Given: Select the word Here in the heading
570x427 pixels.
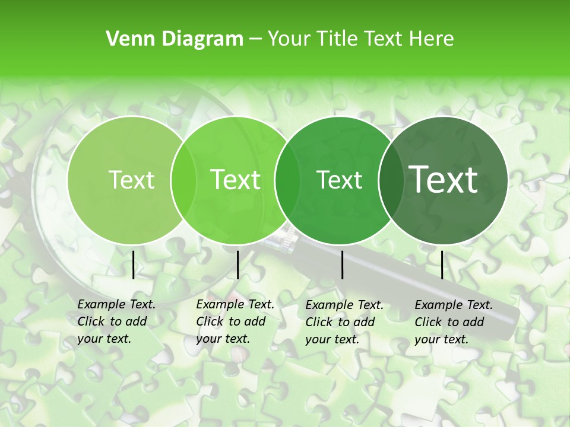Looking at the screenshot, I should tap(432, 39).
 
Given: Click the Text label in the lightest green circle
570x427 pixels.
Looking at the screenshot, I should tap(131, 180).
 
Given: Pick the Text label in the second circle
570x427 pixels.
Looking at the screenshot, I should tap(235, 180).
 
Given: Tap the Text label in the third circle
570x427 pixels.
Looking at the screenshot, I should tap(339, 180).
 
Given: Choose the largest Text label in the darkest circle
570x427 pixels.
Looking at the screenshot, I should tap(444, 180).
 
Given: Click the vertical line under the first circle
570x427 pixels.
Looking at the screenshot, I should tap(133, 265).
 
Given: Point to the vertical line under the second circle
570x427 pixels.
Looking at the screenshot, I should tap(237, 265).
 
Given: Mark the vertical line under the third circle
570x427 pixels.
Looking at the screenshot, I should tap(342, 265).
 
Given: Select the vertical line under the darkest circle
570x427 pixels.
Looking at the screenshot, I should tap(442, 265).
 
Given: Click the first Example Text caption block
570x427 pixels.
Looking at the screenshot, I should tap(116, 321).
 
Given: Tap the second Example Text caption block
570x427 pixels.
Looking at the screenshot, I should tap(235, 321).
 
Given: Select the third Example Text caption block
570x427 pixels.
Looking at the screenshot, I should tap(344, 322).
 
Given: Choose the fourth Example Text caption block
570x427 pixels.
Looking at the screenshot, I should tap(454, 322).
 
